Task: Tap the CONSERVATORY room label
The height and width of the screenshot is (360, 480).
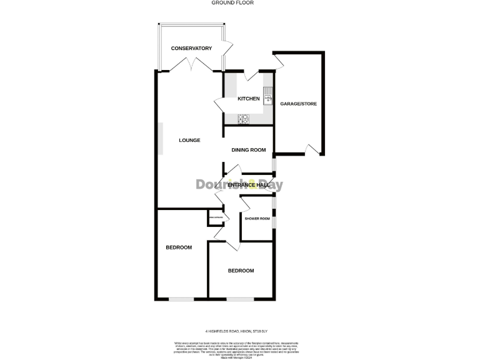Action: (x=191, y=48)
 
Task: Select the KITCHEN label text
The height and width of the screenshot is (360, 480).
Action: (x=248, y=99)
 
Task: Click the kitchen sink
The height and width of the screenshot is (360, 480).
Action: (x=268, y=96)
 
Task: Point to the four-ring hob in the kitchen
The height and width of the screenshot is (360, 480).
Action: (x=242, y=117)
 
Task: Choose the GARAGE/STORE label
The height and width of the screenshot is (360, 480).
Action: (x=299, y=103)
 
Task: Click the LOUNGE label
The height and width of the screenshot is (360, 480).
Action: (x=189, y=140)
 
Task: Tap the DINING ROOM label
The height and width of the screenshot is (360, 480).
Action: (x=249, y=150)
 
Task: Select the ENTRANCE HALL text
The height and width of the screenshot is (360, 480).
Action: (x=248, y=185)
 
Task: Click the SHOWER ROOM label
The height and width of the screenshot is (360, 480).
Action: (x=257, y=219)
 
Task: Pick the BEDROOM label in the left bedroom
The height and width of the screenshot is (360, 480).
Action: (x=179, y=247)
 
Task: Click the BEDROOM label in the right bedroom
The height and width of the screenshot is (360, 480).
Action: (x=241, y=271)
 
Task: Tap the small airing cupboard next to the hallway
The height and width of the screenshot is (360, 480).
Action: (x=216, y=218)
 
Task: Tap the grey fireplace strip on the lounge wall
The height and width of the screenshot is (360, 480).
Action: (x=160, y=139)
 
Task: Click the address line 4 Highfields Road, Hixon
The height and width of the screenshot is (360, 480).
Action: (x=240, y=331)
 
